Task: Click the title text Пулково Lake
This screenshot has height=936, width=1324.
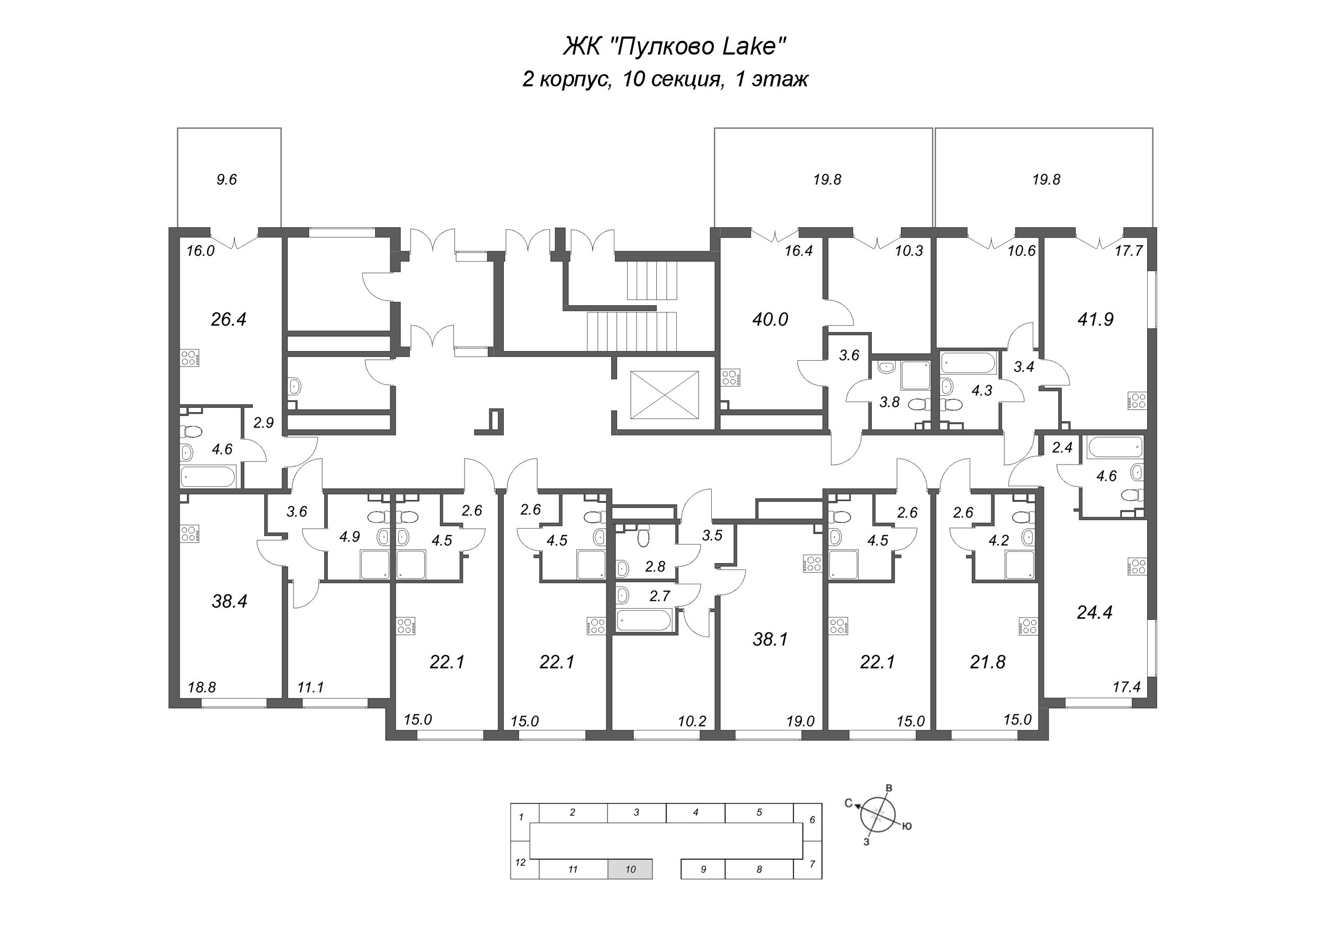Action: coord(675,46)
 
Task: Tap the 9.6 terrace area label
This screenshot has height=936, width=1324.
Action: coord(227,180)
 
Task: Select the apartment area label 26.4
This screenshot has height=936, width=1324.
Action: coord(228,319)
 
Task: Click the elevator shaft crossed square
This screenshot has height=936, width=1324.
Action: coord(664,395)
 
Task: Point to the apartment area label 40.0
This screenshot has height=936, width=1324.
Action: coord(770,319)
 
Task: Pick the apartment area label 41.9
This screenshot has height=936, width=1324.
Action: coord(1095,319)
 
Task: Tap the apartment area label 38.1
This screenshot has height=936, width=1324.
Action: coord(770,639)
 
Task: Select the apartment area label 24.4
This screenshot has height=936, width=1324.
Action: coord(1095,612)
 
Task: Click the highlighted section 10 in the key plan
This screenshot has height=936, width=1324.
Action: coord(630,869)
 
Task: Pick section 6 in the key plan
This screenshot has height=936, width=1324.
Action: coord(812,819)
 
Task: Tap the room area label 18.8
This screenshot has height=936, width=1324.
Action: coord(202,688)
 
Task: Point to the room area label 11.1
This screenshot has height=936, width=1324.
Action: coord(311,688)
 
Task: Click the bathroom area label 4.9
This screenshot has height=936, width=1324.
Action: coord(350,537)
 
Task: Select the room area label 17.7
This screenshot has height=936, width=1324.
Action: coord(1129,251)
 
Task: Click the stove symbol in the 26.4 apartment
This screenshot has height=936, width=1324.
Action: coord(190,358)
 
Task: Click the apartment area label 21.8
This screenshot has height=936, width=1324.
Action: coord(987,662)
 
